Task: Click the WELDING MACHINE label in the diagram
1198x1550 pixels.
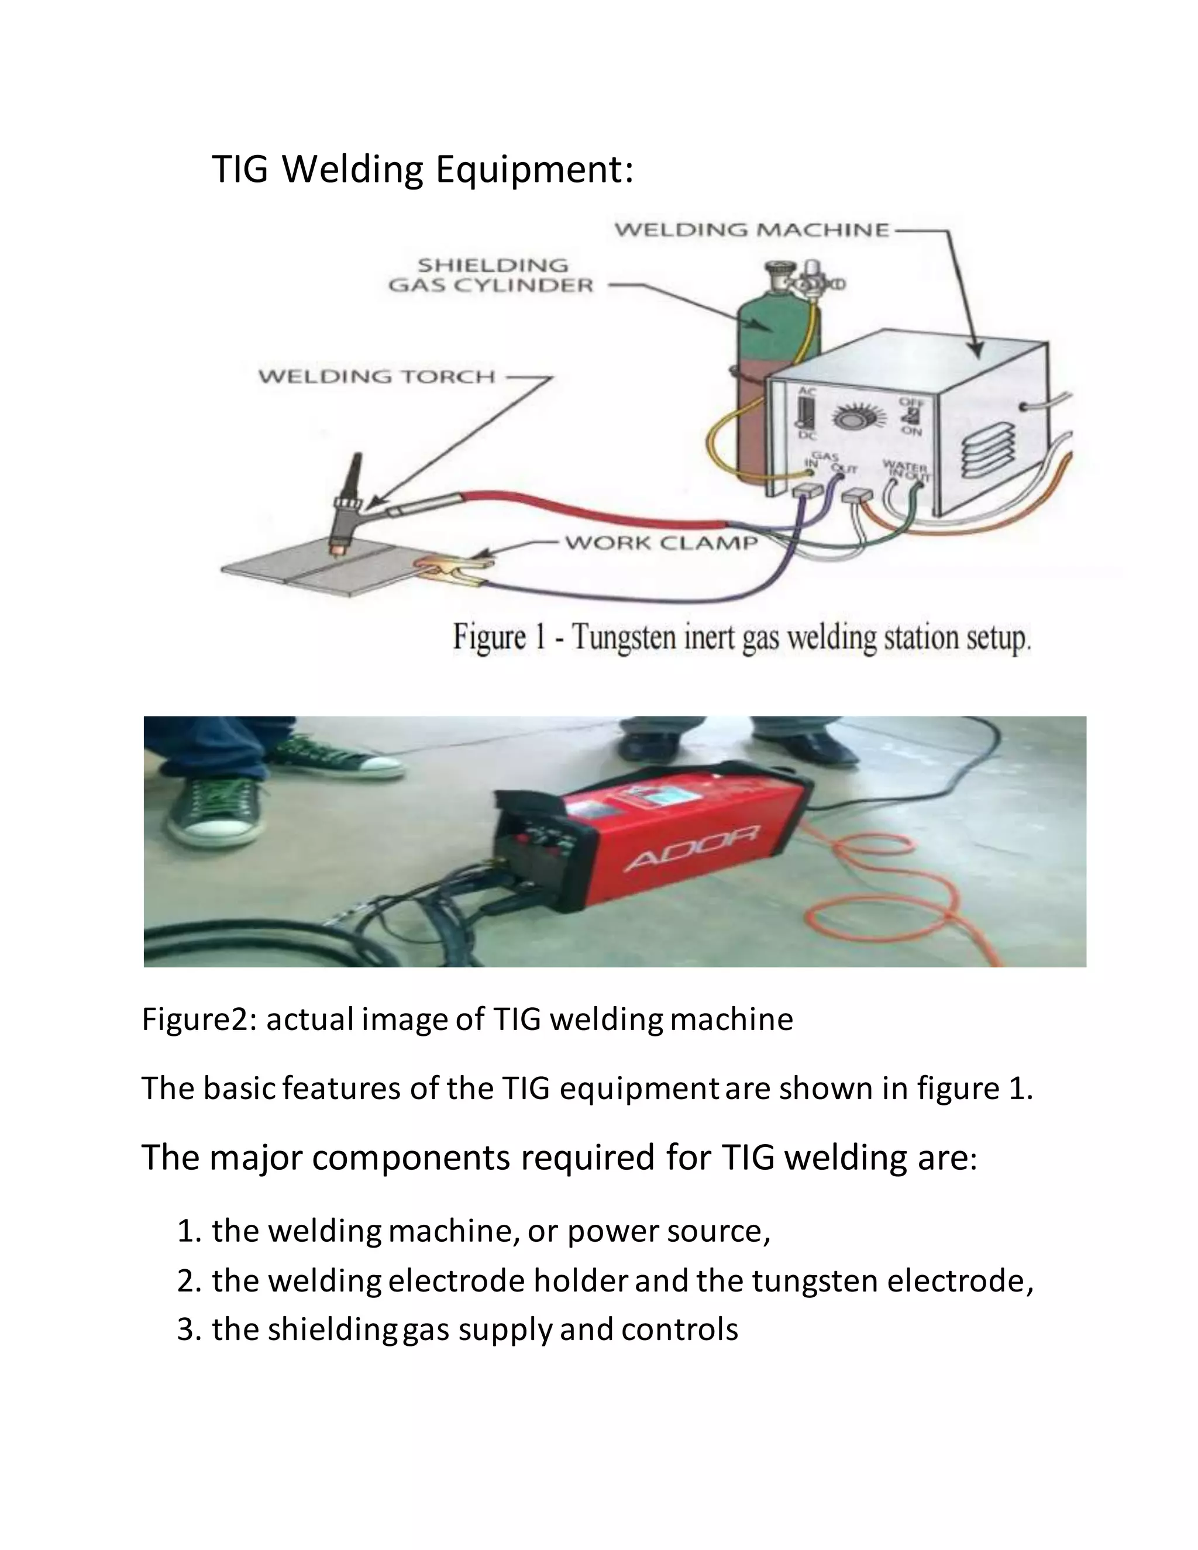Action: pos(751,230)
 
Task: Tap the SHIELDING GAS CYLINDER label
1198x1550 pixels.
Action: pos(491,275)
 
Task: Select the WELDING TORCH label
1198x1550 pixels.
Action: pos(376,376)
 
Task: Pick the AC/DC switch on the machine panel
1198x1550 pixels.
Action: pos(805,413)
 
